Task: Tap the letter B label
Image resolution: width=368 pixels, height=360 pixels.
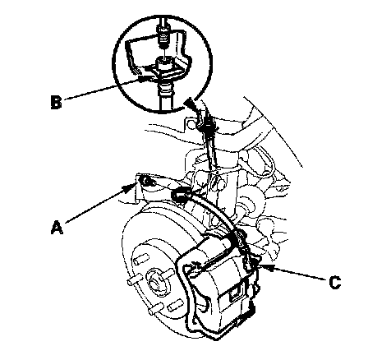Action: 57,102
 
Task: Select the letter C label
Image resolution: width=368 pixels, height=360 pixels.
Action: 334,283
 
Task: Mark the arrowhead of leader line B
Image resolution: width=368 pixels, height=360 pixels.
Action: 144,80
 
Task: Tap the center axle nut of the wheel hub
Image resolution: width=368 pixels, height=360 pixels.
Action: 154,280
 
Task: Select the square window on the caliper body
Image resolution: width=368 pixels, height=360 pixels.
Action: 233,293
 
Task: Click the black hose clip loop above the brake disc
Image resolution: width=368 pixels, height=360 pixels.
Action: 180,194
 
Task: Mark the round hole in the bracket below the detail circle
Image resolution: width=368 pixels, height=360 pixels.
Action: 191,124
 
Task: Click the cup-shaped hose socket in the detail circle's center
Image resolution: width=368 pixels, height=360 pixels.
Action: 164,63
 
